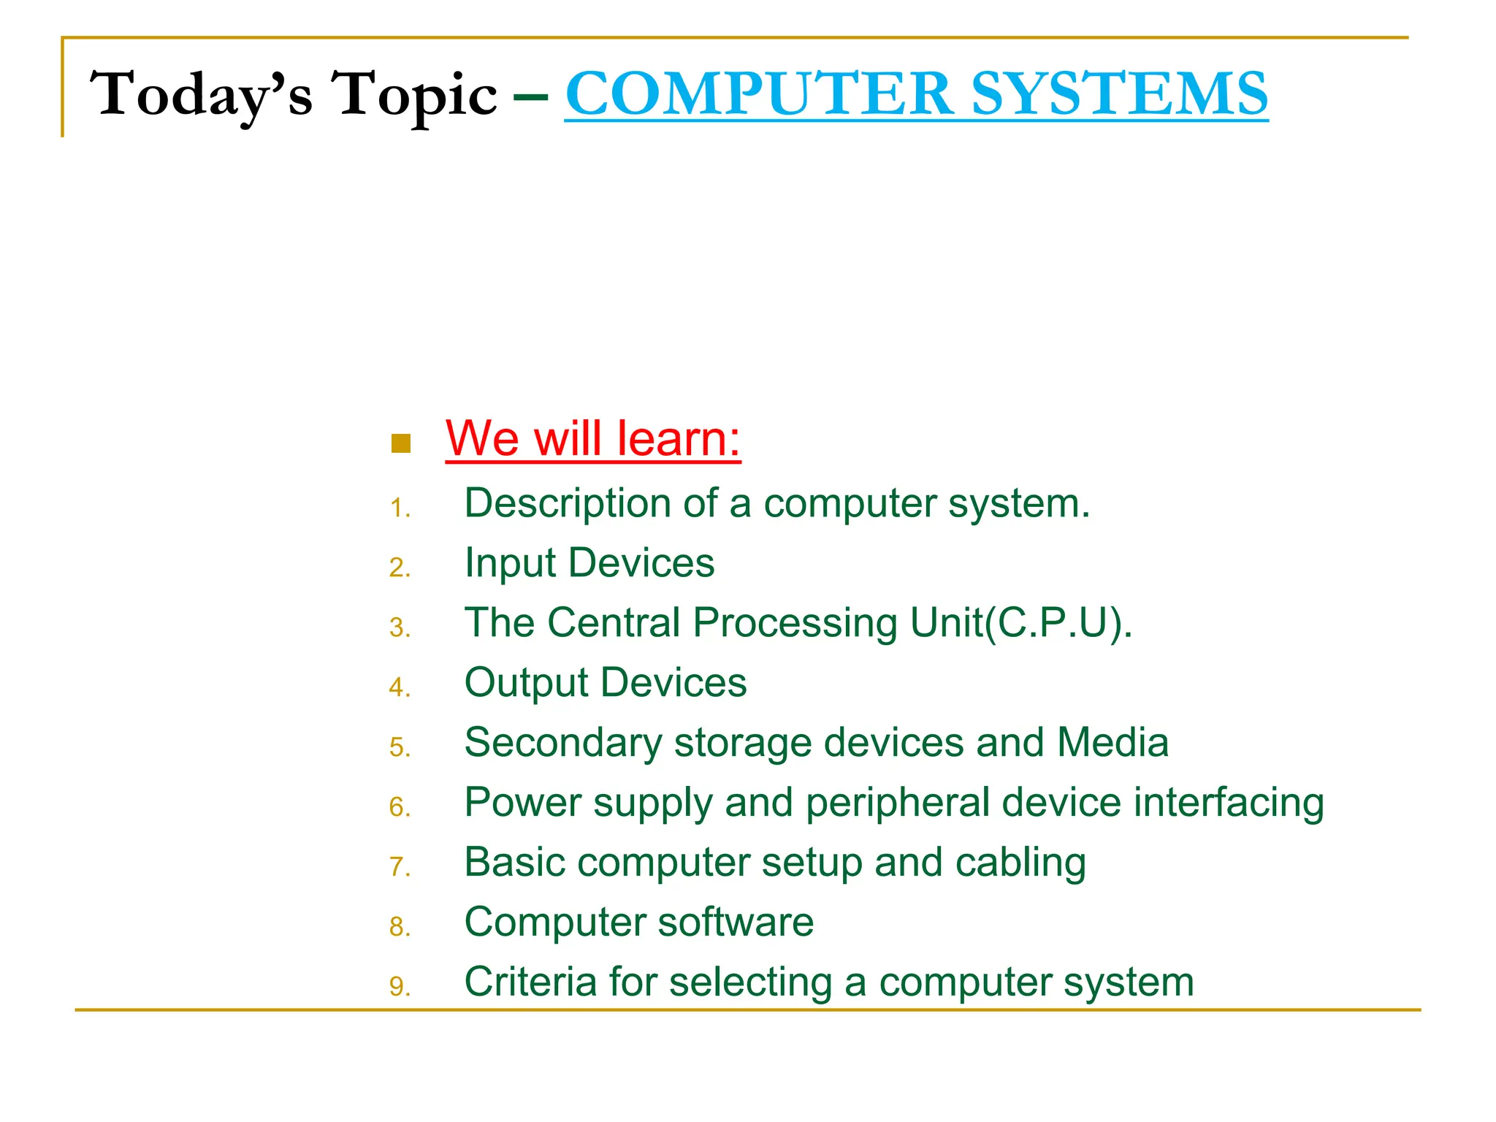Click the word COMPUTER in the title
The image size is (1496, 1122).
click(x=760, y=93)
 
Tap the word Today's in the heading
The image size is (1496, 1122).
click(x=201, y=95)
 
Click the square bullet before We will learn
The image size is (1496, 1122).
click(x=401, y=443)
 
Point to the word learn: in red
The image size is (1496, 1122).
click(x=679, y=439)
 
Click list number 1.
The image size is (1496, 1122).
click(x=400, y=508)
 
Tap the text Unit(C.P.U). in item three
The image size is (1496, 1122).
click(x=1020, y=623)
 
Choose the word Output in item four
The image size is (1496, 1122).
click(x=526, y=683)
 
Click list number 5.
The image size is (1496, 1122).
click(x=400, y=747)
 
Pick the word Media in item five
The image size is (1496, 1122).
click(x=1112, y=742)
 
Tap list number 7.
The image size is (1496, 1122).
click(x=400, y=867)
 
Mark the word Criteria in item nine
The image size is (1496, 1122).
click(x=530, y=982)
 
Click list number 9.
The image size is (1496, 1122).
click(x=400, y=987)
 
